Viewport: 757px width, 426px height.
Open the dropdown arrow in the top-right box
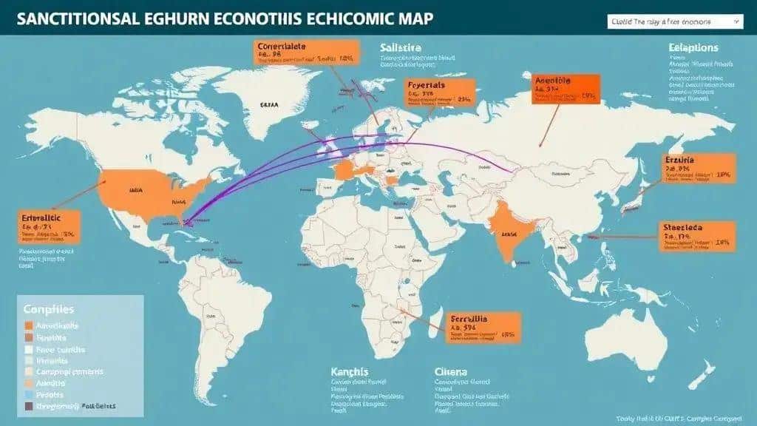point(736,23)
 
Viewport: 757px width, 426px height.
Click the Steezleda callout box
point(696,234)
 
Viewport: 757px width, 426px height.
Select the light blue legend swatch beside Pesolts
point(29,395)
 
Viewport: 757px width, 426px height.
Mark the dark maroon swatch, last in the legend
point(29,406)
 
